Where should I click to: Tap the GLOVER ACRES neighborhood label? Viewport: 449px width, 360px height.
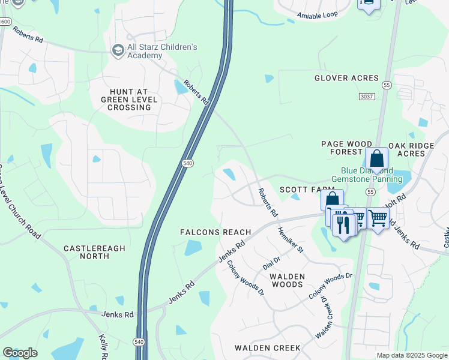pos(346,78)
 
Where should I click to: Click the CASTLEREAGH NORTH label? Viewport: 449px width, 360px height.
pos(86,252)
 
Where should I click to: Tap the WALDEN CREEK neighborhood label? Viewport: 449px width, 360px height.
pos(267,348)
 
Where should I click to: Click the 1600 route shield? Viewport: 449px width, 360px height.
pos(5,22)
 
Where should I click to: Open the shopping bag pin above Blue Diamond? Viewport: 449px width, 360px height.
pos(376,160)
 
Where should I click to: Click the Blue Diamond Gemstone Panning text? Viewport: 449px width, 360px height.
pos(367,175)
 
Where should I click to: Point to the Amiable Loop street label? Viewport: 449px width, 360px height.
pos(317,14)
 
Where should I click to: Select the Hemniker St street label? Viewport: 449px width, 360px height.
pos(291,239)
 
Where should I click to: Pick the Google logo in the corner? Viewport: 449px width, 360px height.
pos(20,353)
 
